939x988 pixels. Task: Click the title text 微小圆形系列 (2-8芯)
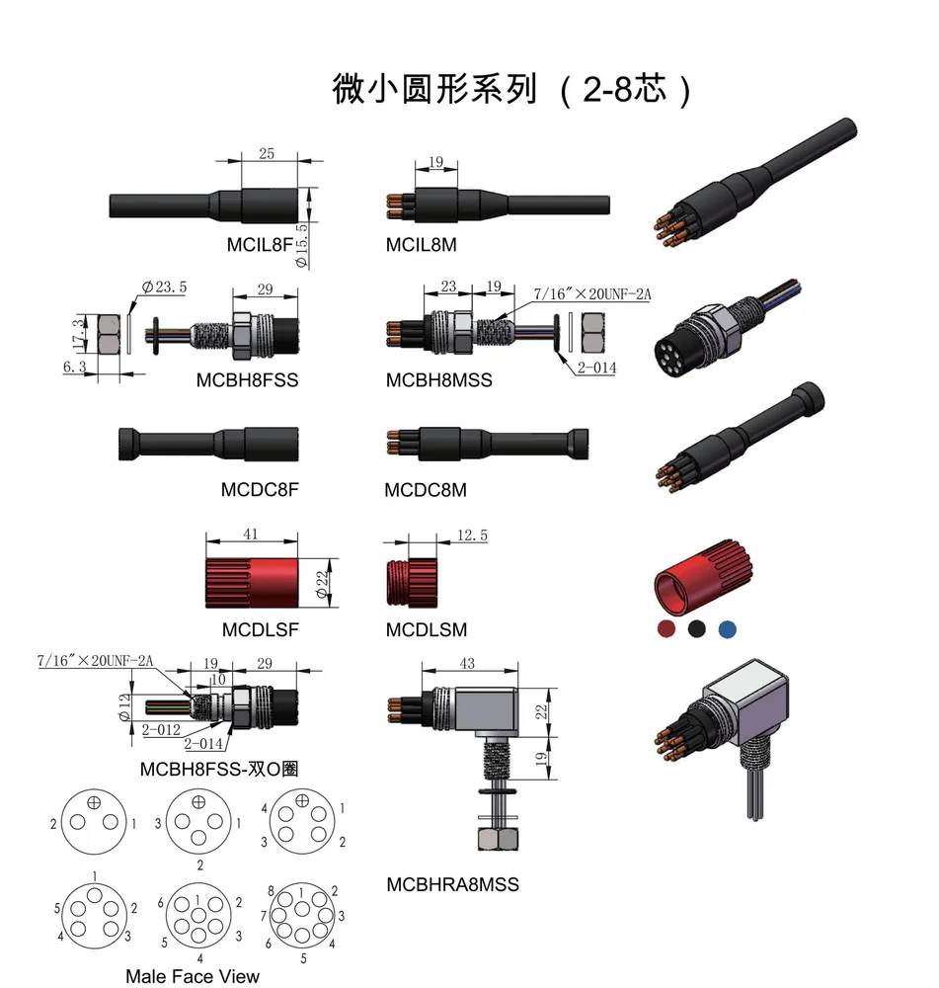[511, 89]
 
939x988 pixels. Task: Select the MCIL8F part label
[259, 244]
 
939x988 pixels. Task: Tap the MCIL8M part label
[421, 244]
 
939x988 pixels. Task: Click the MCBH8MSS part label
[438, 379]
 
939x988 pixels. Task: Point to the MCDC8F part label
[260, 489]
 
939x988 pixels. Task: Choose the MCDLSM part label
[427, 629]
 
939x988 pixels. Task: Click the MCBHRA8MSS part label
[452, 884]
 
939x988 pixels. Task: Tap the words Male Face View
[193, 976]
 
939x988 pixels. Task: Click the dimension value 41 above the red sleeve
[251, 534]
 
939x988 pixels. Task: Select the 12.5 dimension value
[472, 535]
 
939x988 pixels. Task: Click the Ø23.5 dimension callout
[164, 288]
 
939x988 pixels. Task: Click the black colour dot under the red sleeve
[697, 628]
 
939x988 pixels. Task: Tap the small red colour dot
[667, 628]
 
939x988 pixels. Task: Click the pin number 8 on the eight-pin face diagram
[272, 891]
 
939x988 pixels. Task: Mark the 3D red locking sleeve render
[704, 581]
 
